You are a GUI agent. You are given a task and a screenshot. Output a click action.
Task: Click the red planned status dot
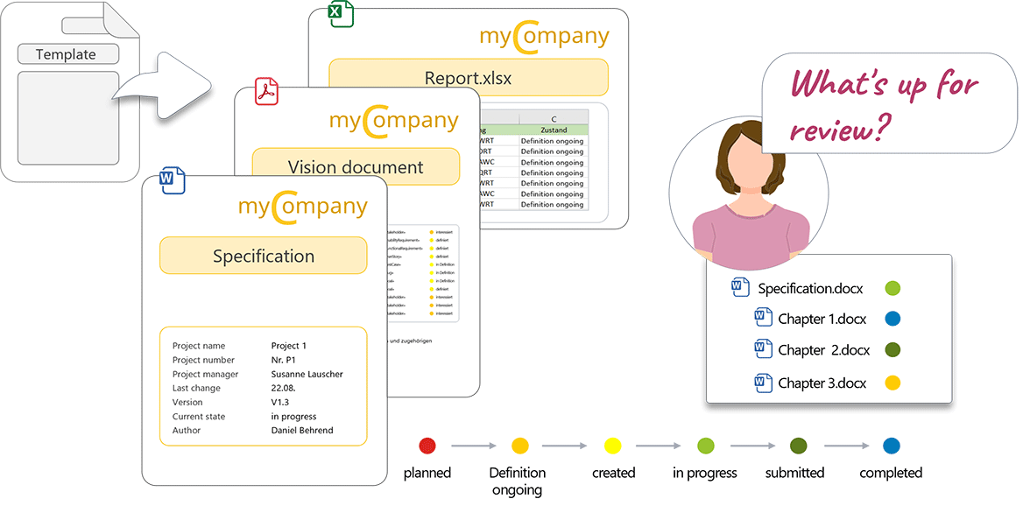(427, 446)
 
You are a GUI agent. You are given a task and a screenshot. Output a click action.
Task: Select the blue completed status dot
(891, 446)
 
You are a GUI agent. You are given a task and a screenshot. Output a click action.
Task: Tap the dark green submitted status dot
(798, 446)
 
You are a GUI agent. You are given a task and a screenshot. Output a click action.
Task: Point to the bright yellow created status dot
(613, 446)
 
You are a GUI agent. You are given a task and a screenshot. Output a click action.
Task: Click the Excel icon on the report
(340, 14)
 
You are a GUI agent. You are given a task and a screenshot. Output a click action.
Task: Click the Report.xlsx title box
(468, 78)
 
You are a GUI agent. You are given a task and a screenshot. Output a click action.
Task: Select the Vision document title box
(356, 166)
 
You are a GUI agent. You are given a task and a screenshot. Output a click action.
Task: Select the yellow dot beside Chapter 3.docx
(892, 383)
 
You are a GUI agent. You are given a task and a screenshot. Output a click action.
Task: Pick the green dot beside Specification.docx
(892, 288)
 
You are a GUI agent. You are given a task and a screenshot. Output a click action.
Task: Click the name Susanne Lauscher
(307, 374)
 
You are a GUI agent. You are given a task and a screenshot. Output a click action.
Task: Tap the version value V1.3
(281, 402)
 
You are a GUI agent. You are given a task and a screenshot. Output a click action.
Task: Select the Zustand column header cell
(554, 130)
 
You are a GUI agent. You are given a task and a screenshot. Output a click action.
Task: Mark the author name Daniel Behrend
(302, 430)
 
